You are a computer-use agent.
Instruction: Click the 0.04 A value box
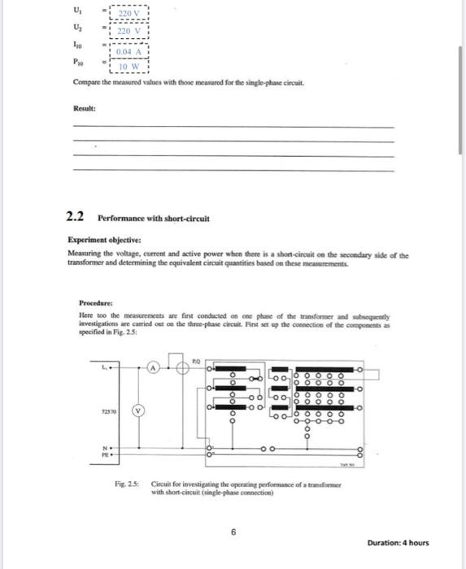[x=129, y=50]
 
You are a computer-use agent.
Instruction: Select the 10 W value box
[x=129, y=67]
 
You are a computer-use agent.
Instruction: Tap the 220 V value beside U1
[x=129, y=14]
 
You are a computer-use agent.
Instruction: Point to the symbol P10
[x=78, y=61]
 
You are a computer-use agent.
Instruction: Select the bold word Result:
[x=85, y=107]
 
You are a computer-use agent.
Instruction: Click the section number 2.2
[x=76, y=219]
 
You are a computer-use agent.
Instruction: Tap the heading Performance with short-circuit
[x=153, y=219]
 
